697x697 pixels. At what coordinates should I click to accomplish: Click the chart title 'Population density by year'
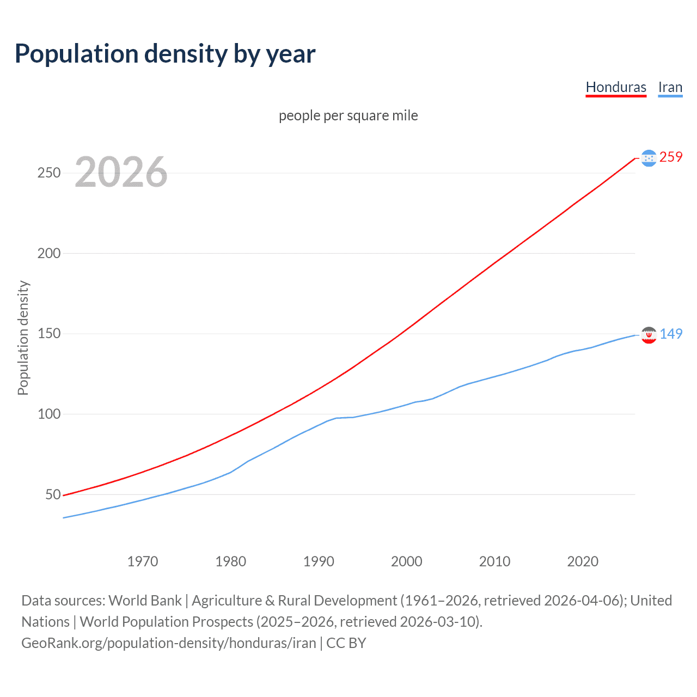pyautogui.click(x=165, y=54)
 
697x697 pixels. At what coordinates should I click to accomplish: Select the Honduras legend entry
pyautogui.click(x=616, y=87)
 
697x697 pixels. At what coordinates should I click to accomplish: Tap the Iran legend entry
pyautogui.click(x=670, y=87)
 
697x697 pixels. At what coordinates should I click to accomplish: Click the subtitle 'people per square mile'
pyautogui.click(x=348, y=115)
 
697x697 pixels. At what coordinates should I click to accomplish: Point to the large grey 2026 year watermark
pyautogui.click(x=121, y=172)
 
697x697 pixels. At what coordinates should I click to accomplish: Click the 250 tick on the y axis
pyautogui.click(x=49, y=173)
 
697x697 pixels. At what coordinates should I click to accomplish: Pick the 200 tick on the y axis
pyautogui.click(x=49, y=253)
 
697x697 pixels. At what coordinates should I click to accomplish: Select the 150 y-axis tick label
pyautogui.click(x=49, y=333)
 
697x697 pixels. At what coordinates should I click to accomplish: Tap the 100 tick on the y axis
pyautogui.click(x=49, y=414)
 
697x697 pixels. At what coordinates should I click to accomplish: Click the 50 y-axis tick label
pyautogui.click(x=53, y=494)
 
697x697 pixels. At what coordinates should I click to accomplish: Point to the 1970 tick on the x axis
pyautogui.click(x=143, y=561)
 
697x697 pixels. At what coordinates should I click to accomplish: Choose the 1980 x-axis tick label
pyautogui.click(x=231, y=561)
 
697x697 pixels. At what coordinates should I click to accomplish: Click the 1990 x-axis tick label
pyautogui.click(x=319, y=561)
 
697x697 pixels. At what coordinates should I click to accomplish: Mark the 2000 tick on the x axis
pyautogui.click(x=407, y=561)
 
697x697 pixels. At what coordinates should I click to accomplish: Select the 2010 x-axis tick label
pyautogui.click(x=494, y=561)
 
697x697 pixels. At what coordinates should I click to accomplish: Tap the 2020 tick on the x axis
pyautogui.click(x=583, y=561)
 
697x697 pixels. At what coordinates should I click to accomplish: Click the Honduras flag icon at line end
pyautogui.click(x=649, y=158)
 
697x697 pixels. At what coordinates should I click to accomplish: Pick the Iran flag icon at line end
pyautogui.click(x=649, y=335)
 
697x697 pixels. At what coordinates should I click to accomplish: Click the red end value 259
pyautogui.click(x=671, y=157)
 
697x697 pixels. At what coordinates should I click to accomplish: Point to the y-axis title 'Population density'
pyautogui.click(x=23, y=338)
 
